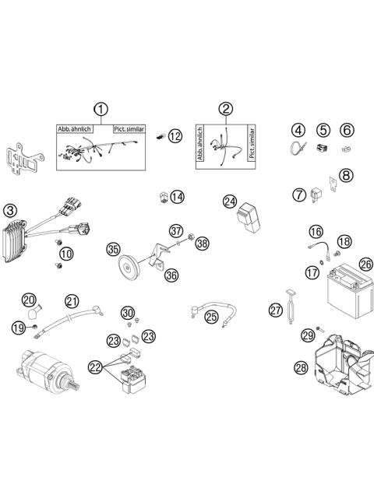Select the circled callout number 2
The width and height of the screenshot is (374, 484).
click(x=225, y=109)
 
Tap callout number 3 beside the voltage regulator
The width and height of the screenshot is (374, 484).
click(x=10, y=210)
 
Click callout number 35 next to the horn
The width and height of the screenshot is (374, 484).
click(x=114, y=249)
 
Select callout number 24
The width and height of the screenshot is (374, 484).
click(x=229, y=202)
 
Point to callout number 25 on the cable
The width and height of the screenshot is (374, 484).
click(x=211, y=316)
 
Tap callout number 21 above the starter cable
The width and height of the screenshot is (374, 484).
click(x=72, y=301)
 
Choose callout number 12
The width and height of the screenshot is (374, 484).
click(x=175, y=135)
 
